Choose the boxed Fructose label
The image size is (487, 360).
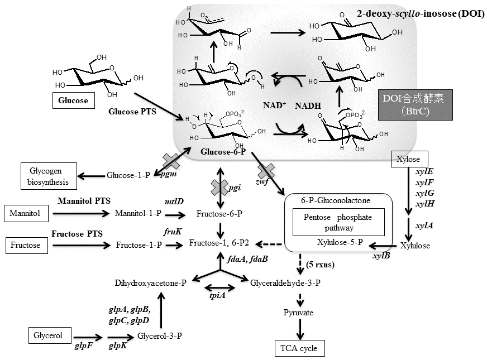25,244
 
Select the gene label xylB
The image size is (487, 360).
382,256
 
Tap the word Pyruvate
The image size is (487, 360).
299,313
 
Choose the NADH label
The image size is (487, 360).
308,105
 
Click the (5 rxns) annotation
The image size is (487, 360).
321,265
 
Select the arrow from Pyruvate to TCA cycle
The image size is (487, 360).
300,330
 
